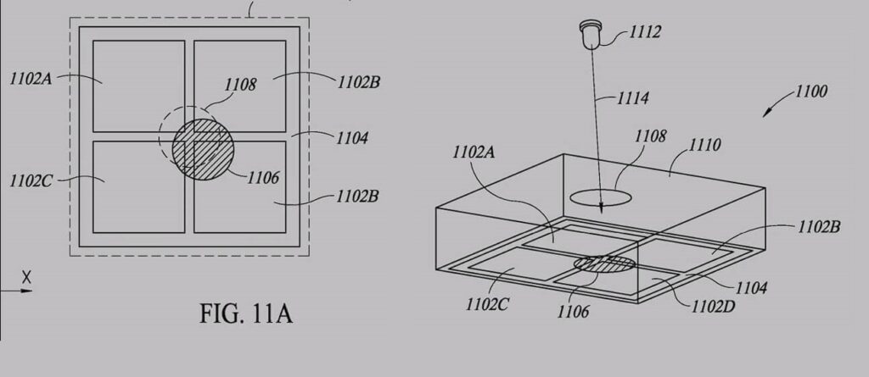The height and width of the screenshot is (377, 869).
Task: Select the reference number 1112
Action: click(x=645, y=33)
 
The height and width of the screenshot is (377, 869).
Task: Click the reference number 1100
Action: click(x=811, y=91)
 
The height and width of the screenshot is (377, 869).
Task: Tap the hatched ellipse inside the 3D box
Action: click(x=603, y=264)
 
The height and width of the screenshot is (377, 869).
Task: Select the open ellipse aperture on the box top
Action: click(x=600, y=198)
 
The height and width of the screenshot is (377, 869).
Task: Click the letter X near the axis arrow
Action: click(x=26, y=276)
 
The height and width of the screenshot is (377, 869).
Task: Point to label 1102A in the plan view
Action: click(x=31, y=80)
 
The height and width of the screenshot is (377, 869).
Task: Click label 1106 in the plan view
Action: click(x=264, y=178)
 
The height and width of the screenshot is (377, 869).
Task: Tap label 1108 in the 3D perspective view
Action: click(x=649, y=136)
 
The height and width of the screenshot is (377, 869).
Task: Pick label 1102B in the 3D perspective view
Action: click(x=820, y=227)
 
